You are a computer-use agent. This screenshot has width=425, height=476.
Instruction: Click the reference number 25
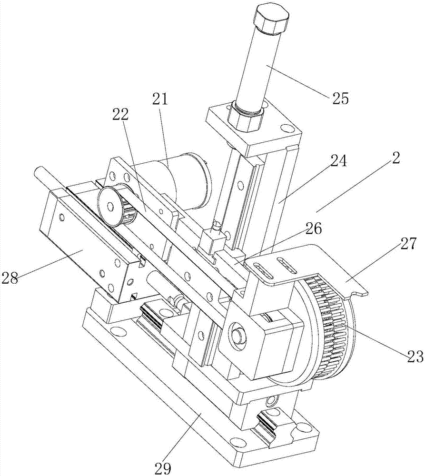pos(340,98)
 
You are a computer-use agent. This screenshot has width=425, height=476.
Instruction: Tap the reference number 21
pos(160,99)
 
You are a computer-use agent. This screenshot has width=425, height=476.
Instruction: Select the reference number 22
pos(120,114)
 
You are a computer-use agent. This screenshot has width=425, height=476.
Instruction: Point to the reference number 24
pos(338,161)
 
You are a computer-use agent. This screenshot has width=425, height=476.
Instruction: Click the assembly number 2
pos(395,158)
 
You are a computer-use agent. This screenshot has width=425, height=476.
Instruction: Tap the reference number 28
pos(10,278)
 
